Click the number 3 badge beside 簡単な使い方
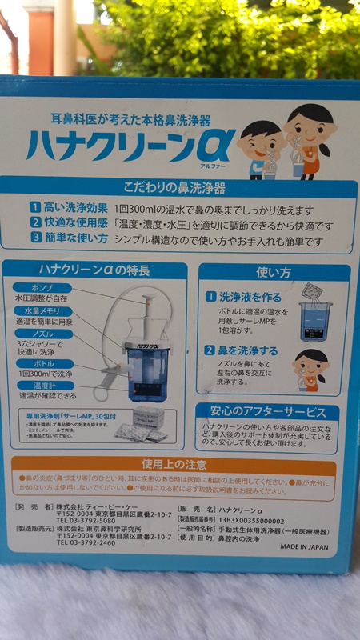[35, 238]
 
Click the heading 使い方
[273, 273]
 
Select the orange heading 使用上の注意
[174, 464]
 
